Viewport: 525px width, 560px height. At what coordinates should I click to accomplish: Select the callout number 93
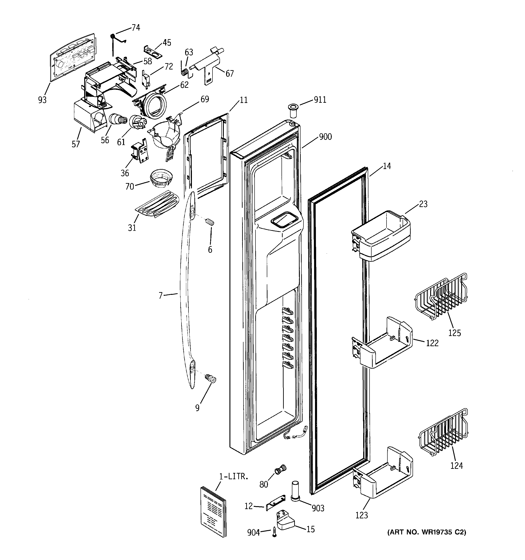[42, 100]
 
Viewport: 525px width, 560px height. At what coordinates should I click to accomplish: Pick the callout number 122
[432, 343]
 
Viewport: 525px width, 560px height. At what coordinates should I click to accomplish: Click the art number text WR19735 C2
[426, 532]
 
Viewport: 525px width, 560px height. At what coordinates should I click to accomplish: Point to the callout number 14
[387, 166]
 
